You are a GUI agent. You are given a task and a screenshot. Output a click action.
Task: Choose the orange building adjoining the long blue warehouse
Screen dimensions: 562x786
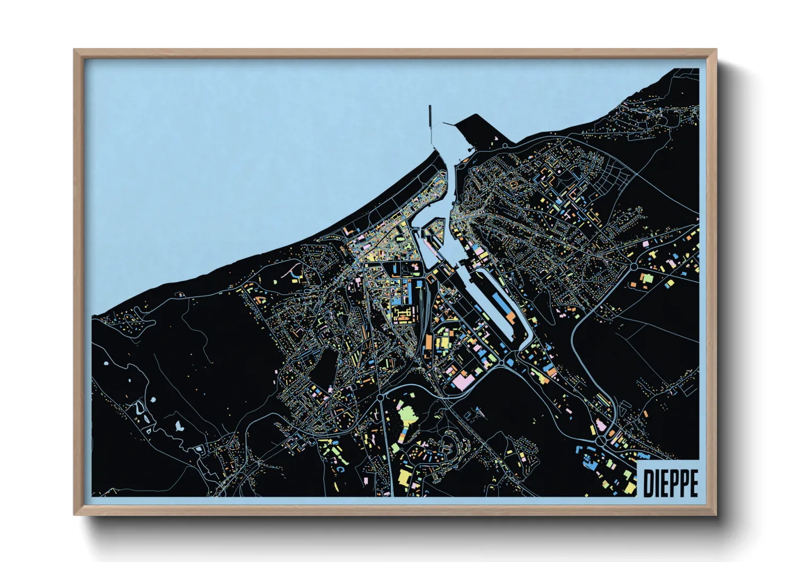(510, 317)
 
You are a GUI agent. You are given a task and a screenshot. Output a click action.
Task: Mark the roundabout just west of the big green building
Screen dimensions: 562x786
(380, 397)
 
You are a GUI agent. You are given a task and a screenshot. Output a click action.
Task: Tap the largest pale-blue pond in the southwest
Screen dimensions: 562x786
(178, 425)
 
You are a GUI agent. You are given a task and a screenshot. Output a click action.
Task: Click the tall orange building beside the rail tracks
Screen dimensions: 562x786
(428, 340)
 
